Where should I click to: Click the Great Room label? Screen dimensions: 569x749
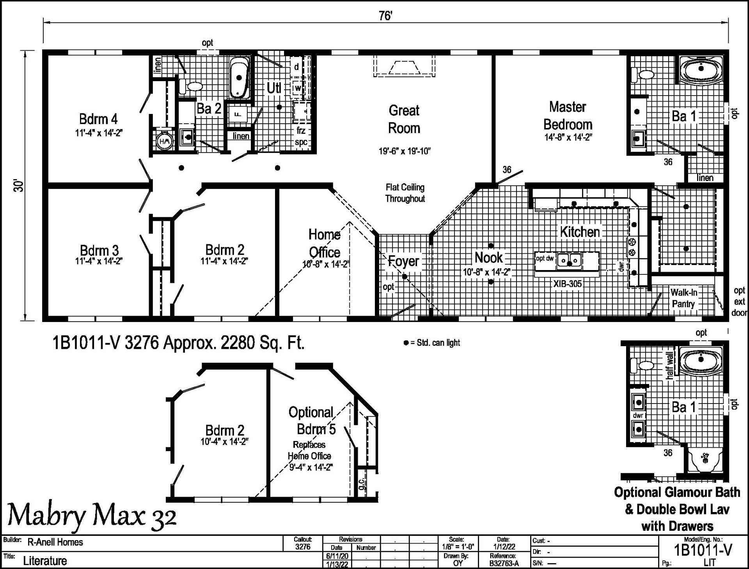pos(404,119)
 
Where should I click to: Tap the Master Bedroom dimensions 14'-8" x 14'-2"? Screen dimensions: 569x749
pos(568,137)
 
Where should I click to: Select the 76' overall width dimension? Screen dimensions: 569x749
pos(385,16)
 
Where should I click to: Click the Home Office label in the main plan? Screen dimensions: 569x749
pos(324,243)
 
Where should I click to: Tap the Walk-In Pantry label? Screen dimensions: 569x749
pos(683,298)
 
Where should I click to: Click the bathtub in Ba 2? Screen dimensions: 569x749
pos(239,78)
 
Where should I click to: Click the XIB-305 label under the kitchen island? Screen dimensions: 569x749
pos(567,284)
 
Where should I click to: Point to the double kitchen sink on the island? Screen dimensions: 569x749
pos(570,260)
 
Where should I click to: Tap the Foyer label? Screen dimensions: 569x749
pos(403,261)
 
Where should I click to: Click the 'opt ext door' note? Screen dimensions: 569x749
pos(739,301)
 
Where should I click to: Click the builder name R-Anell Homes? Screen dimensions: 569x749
pos(55,542)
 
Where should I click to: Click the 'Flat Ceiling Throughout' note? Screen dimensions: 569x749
pos(405,193)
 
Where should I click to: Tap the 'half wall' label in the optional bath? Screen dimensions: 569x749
pos(669,365)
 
